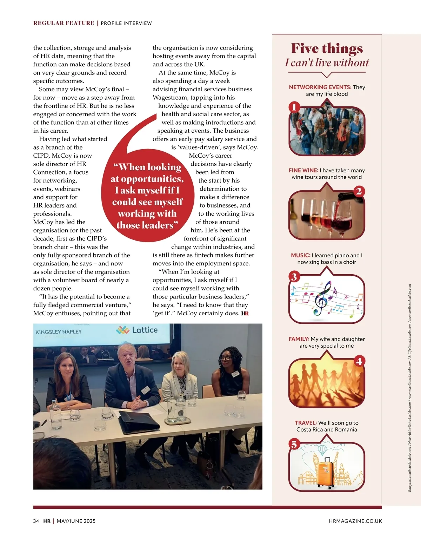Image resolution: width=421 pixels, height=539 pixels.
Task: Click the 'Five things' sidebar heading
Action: click(x=327, y=48)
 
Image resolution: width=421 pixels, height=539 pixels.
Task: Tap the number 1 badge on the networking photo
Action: click(x=294, y=107)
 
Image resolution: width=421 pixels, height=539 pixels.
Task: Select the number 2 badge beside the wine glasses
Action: click(x=359, y=191)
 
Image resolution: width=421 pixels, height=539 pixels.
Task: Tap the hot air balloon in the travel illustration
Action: click(x=322, y=450)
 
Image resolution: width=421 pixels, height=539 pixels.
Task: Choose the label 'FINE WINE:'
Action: click(x=303, y=170)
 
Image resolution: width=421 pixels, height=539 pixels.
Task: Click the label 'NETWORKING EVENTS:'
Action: click(x=320, y=87)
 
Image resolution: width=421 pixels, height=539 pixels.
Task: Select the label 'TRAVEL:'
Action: click(x=306, y=423)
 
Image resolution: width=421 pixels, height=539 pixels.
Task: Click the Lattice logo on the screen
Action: click(x=137, y=330)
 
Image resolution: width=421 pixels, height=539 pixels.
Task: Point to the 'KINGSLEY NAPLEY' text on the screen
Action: click(x=58, y=331)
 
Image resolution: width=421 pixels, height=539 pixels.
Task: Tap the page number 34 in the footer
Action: click(x=36, y=521)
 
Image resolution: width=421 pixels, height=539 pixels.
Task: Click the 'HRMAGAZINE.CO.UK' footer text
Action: click(x=355, y=521)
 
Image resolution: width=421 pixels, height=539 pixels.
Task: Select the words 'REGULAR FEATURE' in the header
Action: click(x=64, y=23)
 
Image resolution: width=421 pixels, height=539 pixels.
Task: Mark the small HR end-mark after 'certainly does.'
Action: click(x=245, y=314)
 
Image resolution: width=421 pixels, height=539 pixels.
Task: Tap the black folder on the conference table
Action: click(x=139, y=420)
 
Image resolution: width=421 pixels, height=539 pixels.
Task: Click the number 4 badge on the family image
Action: click(x=359, y=361)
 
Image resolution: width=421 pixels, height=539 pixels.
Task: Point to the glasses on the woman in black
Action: click(x=226, y=358)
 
